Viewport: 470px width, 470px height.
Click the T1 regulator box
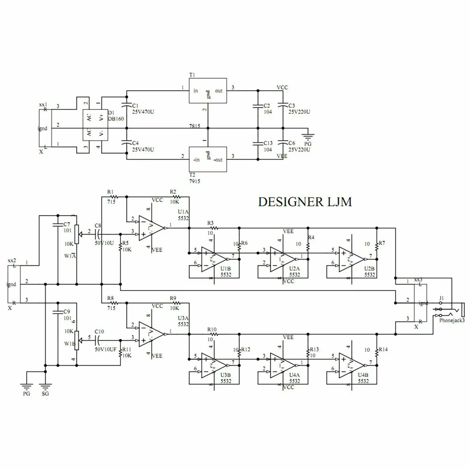208,90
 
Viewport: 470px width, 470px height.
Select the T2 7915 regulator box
208,159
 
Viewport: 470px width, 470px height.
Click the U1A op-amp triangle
151,228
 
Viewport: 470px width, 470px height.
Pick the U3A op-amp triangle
151,334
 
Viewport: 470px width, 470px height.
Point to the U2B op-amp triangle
351,259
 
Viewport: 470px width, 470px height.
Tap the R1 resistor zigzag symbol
114,197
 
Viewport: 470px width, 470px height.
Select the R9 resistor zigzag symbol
176,303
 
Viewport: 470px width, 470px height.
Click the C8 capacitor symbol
98,234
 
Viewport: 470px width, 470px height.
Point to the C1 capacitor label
135,106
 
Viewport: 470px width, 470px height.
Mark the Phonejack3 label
452,320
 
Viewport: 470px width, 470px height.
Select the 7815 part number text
194,126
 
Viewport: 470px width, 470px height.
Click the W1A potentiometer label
70,256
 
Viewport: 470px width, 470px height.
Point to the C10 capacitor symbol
98,340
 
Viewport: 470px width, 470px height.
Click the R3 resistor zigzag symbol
214,228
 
